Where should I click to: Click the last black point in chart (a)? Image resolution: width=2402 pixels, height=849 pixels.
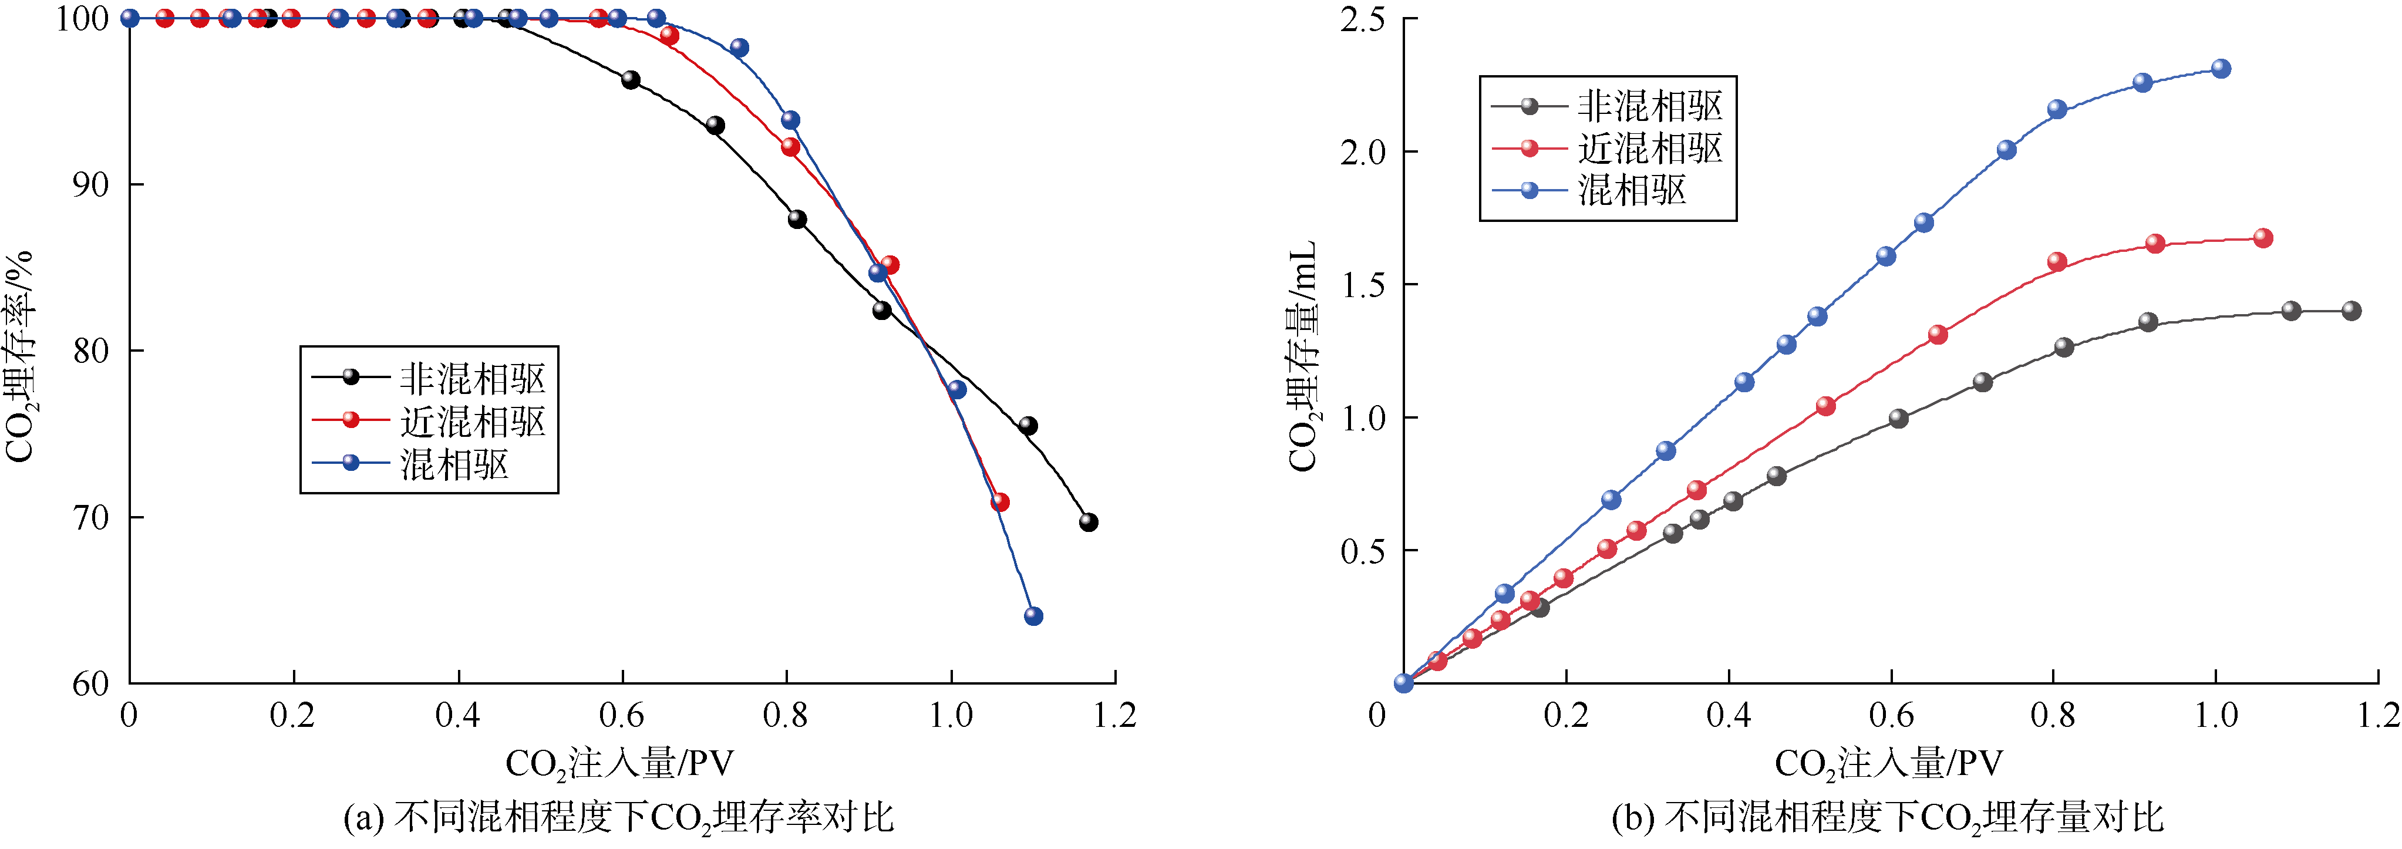1088,522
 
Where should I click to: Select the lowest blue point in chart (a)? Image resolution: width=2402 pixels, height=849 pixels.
1033,616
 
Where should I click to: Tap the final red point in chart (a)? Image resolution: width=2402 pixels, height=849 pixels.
999,503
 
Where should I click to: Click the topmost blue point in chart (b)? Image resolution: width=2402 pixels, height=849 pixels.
2221,68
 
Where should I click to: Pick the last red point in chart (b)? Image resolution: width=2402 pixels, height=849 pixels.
2263,238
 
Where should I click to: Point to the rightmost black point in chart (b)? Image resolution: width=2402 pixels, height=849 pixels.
2352,311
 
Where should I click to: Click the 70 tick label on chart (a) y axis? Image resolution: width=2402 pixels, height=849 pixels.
92,517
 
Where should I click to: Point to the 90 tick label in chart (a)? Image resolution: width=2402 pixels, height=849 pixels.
92,184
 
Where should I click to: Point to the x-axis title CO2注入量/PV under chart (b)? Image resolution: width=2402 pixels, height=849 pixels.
1888,764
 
